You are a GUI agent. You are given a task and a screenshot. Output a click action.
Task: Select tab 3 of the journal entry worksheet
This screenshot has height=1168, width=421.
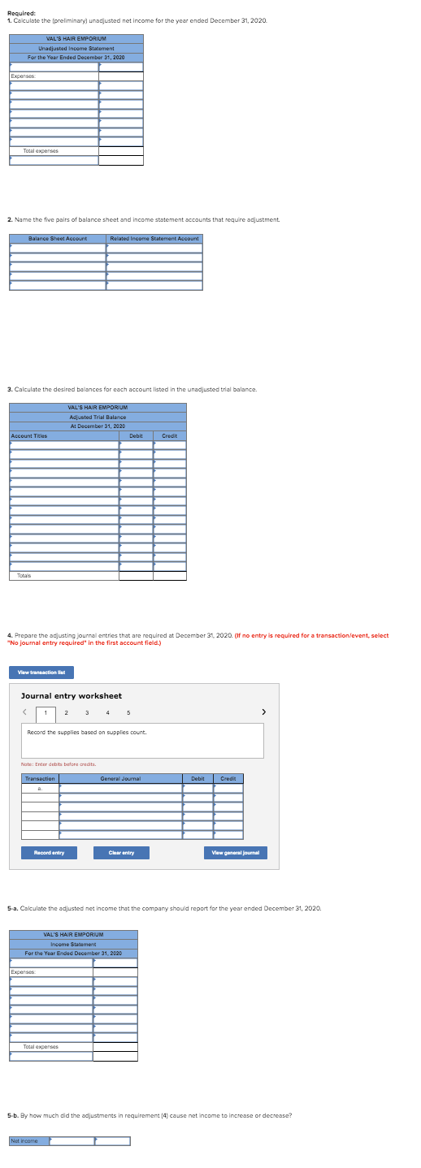[x=86, y=712]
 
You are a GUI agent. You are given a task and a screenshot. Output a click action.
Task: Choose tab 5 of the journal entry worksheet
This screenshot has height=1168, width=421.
[x=128, y=712]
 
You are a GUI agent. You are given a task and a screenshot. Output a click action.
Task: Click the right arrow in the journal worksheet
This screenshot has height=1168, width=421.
[x=263, y=712]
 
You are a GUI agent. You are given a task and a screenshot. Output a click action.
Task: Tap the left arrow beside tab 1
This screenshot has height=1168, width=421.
[x=25, y=712]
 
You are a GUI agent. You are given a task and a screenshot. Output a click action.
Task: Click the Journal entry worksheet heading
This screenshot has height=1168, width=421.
[x=71, y=695]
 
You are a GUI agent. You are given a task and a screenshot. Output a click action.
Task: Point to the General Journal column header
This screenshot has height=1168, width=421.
[x=120, y=778]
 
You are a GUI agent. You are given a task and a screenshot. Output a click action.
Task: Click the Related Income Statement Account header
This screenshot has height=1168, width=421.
[x=154, y=238]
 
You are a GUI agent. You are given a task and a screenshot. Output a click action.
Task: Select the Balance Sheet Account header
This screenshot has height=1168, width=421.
[x=58, y=238]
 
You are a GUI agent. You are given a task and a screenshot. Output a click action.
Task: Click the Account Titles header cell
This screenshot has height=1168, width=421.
[x=29, y=435]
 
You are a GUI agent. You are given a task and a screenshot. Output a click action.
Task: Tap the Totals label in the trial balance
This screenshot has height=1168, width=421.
[x=25, y=575]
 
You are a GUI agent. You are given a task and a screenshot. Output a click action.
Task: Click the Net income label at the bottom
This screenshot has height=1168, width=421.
[x=23, y=1140]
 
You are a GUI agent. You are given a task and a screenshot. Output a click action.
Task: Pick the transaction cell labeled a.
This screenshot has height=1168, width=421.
[x=40, y=787]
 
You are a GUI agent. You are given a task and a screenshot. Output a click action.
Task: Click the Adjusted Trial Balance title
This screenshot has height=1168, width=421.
[x=97, y=417]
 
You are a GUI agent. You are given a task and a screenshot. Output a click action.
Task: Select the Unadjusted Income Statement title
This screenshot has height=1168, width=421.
[x=76, y=48]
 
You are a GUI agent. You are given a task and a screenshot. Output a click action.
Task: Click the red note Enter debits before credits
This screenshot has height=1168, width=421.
[x=58, y=764]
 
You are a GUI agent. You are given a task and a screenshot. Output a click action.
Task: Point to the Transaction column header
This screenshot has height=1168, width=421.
[x=40, y=778]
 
